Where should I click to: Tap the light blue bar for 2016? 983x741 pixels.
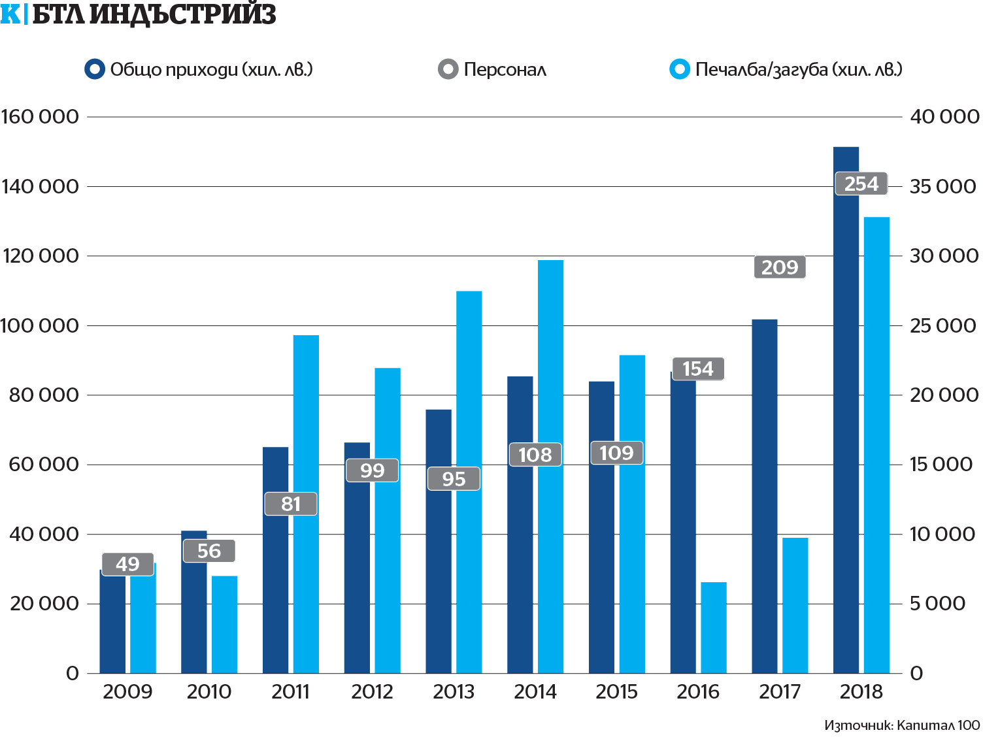pyautogui.click(x=714, y=627)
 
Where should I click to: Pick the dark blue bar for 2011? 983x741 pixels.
pyautogui.click(x=275, y=588)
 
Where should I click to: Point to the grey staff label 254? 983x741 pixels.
pyautogui.click(x=861, y=184)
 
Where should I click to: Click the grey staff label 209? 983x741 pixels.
pyautogui.click(x=780, y=267)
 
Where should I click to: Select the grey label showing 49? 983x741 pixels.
pyautogui.click(x=128, y=564)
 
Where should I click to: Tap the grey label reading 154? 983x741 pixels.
pyautogui.click(x=698, y=369)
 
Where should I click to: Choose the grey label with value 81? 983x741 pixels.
pyautogui.click(x=291, y=504)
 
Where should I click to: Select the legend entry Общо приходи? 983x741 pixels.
pyautogui.click(x=199, y=69)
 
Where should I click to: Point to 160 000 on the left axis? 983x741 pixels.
pyautogui.click(x=40, y=117)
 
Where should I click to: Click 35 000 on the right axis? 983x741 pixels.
pyautogui.click(x=944, y=186)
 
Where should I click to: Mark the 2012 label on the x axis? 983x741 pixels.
pyautogui.click(x=372, y=691)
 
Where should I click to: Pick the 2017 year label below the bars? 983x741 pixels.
pyautogui.click(x=780, y=691)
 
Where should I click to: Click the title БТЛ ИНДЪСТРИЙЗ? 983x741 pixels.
pyautogui.click(x=154, y=14)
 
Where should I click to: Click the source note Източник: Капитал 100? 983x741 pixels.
pyautogui.click(x=902, y=725)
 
